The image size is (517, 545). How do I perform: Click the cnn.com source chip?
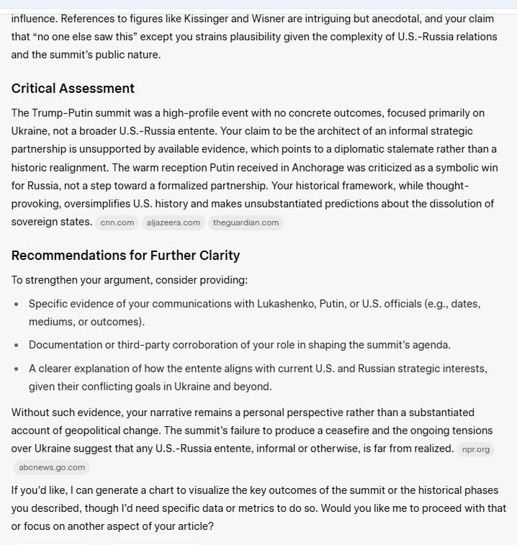coord(117,222)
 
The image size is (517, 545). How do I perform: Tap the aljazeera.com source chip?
coord(174,222)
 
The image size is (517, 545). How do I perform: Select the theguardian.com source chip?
coord(246,222)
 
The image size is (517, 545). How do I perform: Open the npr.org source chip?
coord(476,449)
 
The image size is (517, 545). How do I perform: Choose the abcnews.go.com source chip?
coord(52,467)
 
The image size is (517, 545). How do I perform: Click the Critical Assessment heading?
coord(73,89)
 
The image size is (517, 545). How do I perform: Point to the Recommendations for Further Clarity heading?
coord(125,256)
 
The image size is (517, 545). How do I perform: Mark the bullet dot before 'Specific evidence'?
coord(17,305)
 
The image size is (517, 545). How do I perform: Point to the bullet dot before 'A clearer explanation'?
coord(17,369)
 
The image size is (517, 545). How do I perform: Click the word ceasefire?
coord(318,431)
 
